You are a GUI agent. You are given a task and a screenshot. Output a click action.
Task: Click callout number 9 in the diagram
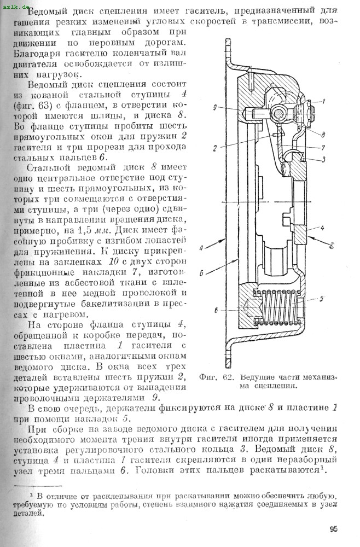pos(216,107)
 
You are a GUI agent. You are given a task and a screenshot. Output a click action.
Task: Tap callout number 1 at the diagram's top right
pos(323,101)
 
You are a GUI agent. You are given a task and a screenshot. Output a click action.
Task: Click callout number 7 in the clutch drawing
pos(323,147)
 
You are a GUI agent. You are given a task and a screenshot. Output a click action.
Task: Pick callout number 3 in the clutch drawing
pos(323,159)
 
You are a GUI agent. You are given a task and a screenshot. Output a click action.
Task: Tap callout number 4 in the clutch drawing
pos(323,226)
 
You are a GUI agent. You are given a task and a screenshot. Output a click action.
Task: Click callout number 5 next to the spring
pos(322,299)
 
